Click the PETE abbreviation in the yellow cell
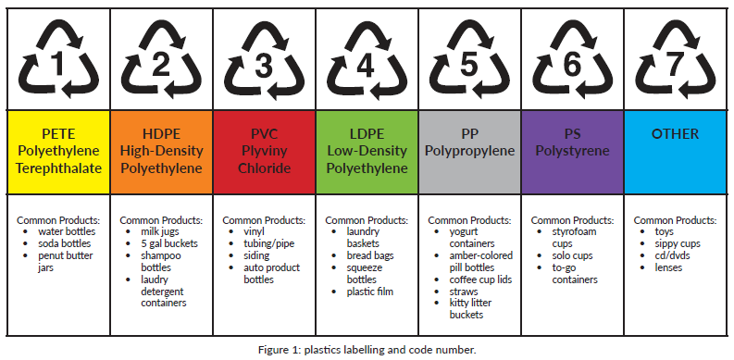57,133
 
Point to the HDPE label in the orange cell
161,133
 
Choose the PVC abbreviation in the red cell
264,133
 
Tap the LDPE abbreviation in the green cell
365,133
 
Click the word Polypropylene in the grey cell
468,151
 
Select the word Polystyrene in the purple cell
570,151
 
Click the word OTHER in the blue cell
675,133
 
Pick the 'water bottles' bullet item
69,231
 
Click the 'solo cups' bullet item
574,255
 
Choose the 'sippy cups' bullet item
678,243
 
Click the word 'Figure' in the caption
274,349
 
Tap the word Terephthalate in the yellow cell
57,168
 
